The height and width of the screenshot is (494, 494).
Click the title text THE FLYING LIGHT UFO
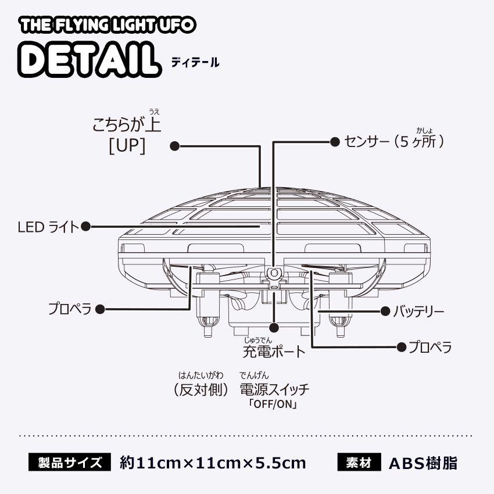(x=108, y=26)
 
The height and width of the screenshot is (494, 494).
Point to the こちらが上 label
(x=127, y=124)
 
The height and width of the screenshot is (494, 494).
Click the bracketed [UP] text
(x=126, y=146)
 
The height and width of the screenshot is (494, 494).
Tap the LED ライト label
(x=48, y=227)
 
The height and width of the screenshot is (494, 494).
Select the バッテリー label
(x=418, y=312)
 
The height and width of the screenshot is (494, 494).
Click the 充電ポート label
(x=273, y=351)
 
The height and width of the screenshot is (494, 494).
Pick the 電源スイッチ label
(x=274, y=389)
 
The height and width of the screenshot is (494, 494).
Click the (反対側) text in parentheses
(x=202, y=389)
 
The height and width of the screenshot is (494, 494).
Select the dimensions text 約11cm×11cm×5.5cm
(x=213, y=463)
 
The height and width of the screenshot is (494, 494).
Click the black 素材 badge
(x=359, y=463)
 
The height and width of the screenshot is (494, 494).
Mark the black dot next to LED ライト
(x=85, y=227)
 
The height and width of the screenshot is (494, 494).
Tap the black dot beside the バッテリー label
(x=385, y=312)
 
